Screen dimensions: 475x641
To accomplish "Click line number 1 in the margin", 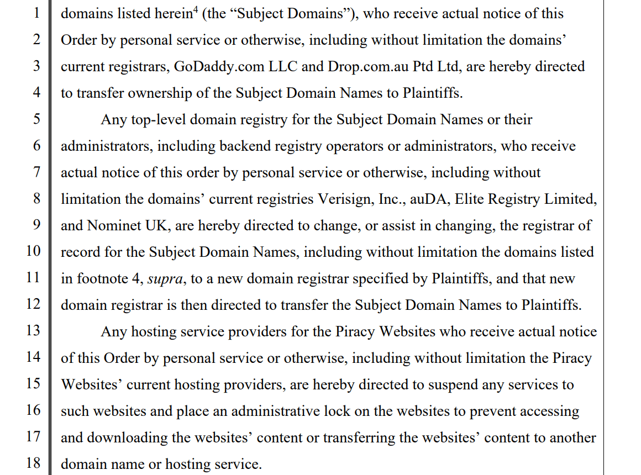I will tap(36, 13).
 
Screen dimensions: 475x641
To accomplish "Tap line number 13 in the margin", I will tap(33, 330).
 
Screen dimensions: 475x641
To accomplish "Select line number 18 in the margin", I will tap(33, 463).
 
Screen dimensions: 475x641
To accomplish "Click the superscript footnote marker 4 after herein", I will tap(195, 10).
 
